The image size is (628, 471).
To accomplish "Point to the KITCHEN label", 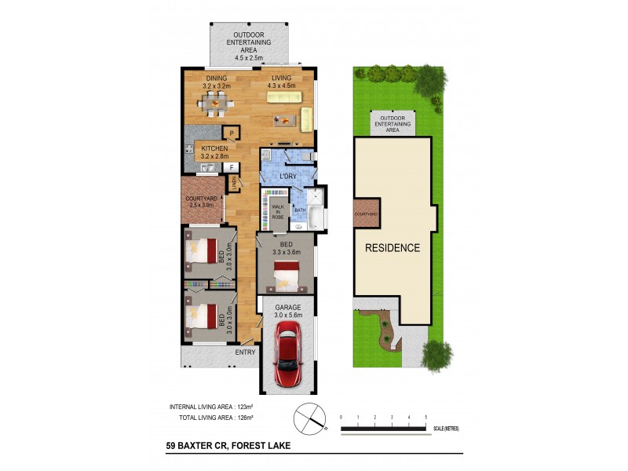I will click(214, 148).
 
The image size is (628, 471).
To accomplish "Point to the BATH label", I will click(300, 210).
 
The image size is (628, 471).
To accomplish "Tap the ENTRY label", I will click(245, 352).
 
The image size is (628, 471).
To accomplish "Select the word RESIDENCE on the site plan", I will click(392, 248).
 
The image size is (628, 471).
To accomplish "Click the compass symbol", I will click(310, 416).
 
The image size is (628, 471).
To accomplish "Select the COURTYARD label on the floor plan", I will click(201, 199).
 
